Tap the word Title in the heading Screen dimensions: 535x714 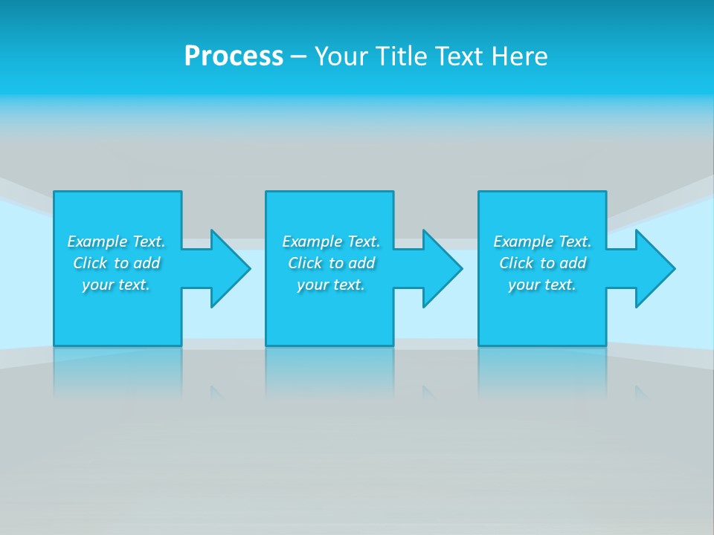(405, 56)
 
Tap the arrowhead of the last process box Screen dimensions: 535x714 (654, 268)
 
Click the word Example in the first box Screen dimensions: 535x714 (97, 241)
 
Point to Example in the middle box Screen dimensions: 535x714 (312, 241)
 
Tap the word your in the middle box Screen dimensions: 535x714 (312, 285)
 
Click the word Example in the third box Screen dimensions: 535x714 (524, 241)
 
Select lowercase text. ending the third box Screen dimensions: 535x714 (559, 285)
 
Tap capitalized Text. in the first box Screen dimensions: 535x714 (149, 241)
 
